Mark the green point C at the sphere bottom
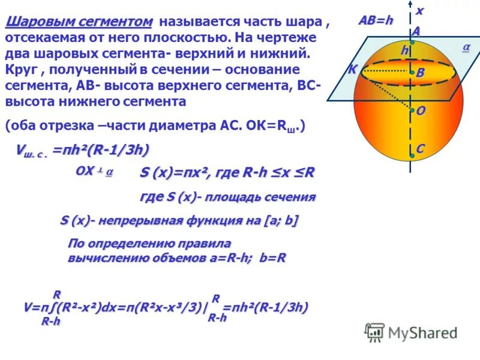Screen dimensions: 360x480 click(412, 155)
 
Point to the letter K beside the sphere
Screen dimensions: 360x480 click(352, 69)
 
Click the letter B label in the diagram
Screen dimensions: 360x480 click(420, 73)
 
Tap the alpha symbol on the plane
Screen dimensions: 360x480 click(466, 47)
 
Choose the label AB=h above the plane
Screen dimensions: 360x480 click(376, 20)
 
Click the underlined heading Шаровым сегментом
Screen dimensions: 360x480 click(79, 22)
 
